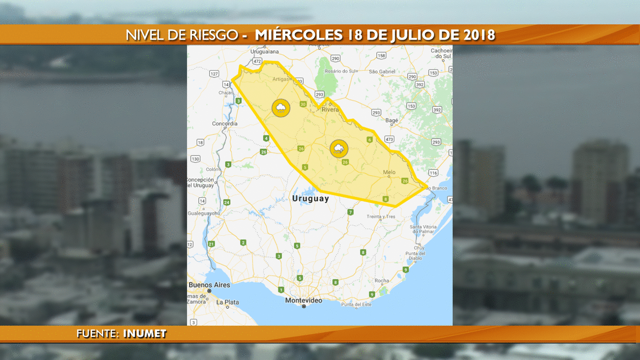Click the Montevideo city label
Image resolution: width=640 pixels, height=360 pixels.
click(x=303, y=300)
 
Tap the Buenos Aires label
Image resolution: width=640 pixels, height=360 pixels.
click(x=209, y=285)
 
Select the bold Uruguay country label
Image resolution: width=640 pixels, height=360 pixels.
click(x=311, y=198)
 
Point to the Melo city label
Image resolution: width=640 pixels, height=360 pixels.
click(x=389, y=172)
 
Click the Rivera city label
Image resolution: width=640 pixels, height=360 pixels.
click(x=330, y=109)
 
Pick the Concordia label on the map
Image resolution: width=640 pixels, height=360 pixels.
click(x=225, y=123)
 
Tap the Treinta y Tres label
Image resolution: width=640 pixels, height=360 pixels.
click(x=381, y=216)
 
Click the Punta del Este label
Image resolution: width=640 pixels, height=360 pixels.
click(x=356, y=304)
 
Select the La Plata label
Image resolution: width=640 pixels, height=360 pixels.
click(x=228, y=302)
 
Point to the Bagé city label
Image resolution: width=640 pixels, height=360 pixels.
click(x=391, y=120)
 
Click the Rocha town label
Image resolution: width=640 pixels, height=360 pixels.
click(x=382, y=280)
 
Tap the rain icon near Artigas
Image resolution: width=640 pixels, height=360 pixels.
click(x=281, y=108)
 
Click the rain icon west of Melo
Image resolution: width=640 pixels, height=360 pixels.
click(x=339, y=149)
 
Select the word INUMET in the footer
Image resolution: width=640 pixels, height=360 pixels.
click(x=145, y=334)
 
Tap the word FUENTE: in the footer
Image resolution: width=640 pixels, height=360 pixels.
click(x=97, y=334)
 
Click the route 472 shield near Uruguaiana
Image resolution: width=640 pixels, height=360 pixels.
click(x=257, y=61)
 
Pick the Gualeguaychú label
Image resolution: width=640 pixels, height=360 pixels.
click(x=204, y=213)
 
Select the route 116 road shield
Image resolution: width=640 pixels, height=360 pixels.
click(x=433, y=173)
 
